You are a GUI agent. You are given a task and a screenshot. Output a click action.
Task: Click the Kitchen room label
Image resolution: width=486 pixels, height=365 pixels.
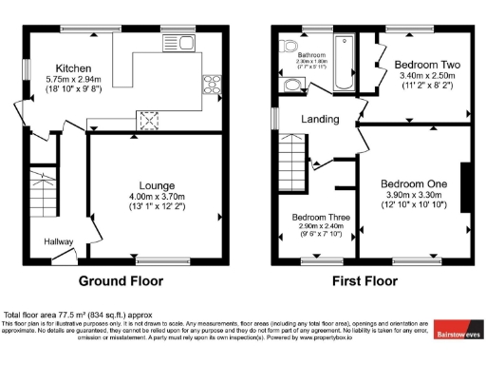click(72, 68)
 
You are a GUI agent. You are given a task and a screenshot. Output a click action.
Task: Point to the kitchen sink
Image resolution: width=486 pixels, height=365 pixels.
click(178, 43)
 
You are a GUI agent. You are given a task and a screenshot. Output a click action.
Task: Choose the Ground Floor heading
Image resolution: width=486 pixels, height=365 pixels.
click(121, 281)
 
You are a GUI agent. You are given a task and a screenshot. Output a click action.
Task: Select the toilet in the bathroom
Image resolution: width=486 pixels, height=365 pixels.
click(291, 86)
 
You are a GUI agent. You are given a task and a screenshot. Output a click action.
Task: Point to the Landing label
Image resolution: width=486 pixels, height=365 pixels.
click(320, 119)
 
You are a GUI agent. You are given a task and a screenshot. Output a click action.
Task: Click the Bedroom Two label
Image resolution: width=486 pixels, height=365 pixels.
click(415, 65)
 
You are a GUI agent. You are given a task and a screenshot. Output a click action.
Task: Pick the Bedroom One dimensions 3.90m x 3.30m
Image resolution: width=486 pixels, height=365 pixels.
click(415, 195)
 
